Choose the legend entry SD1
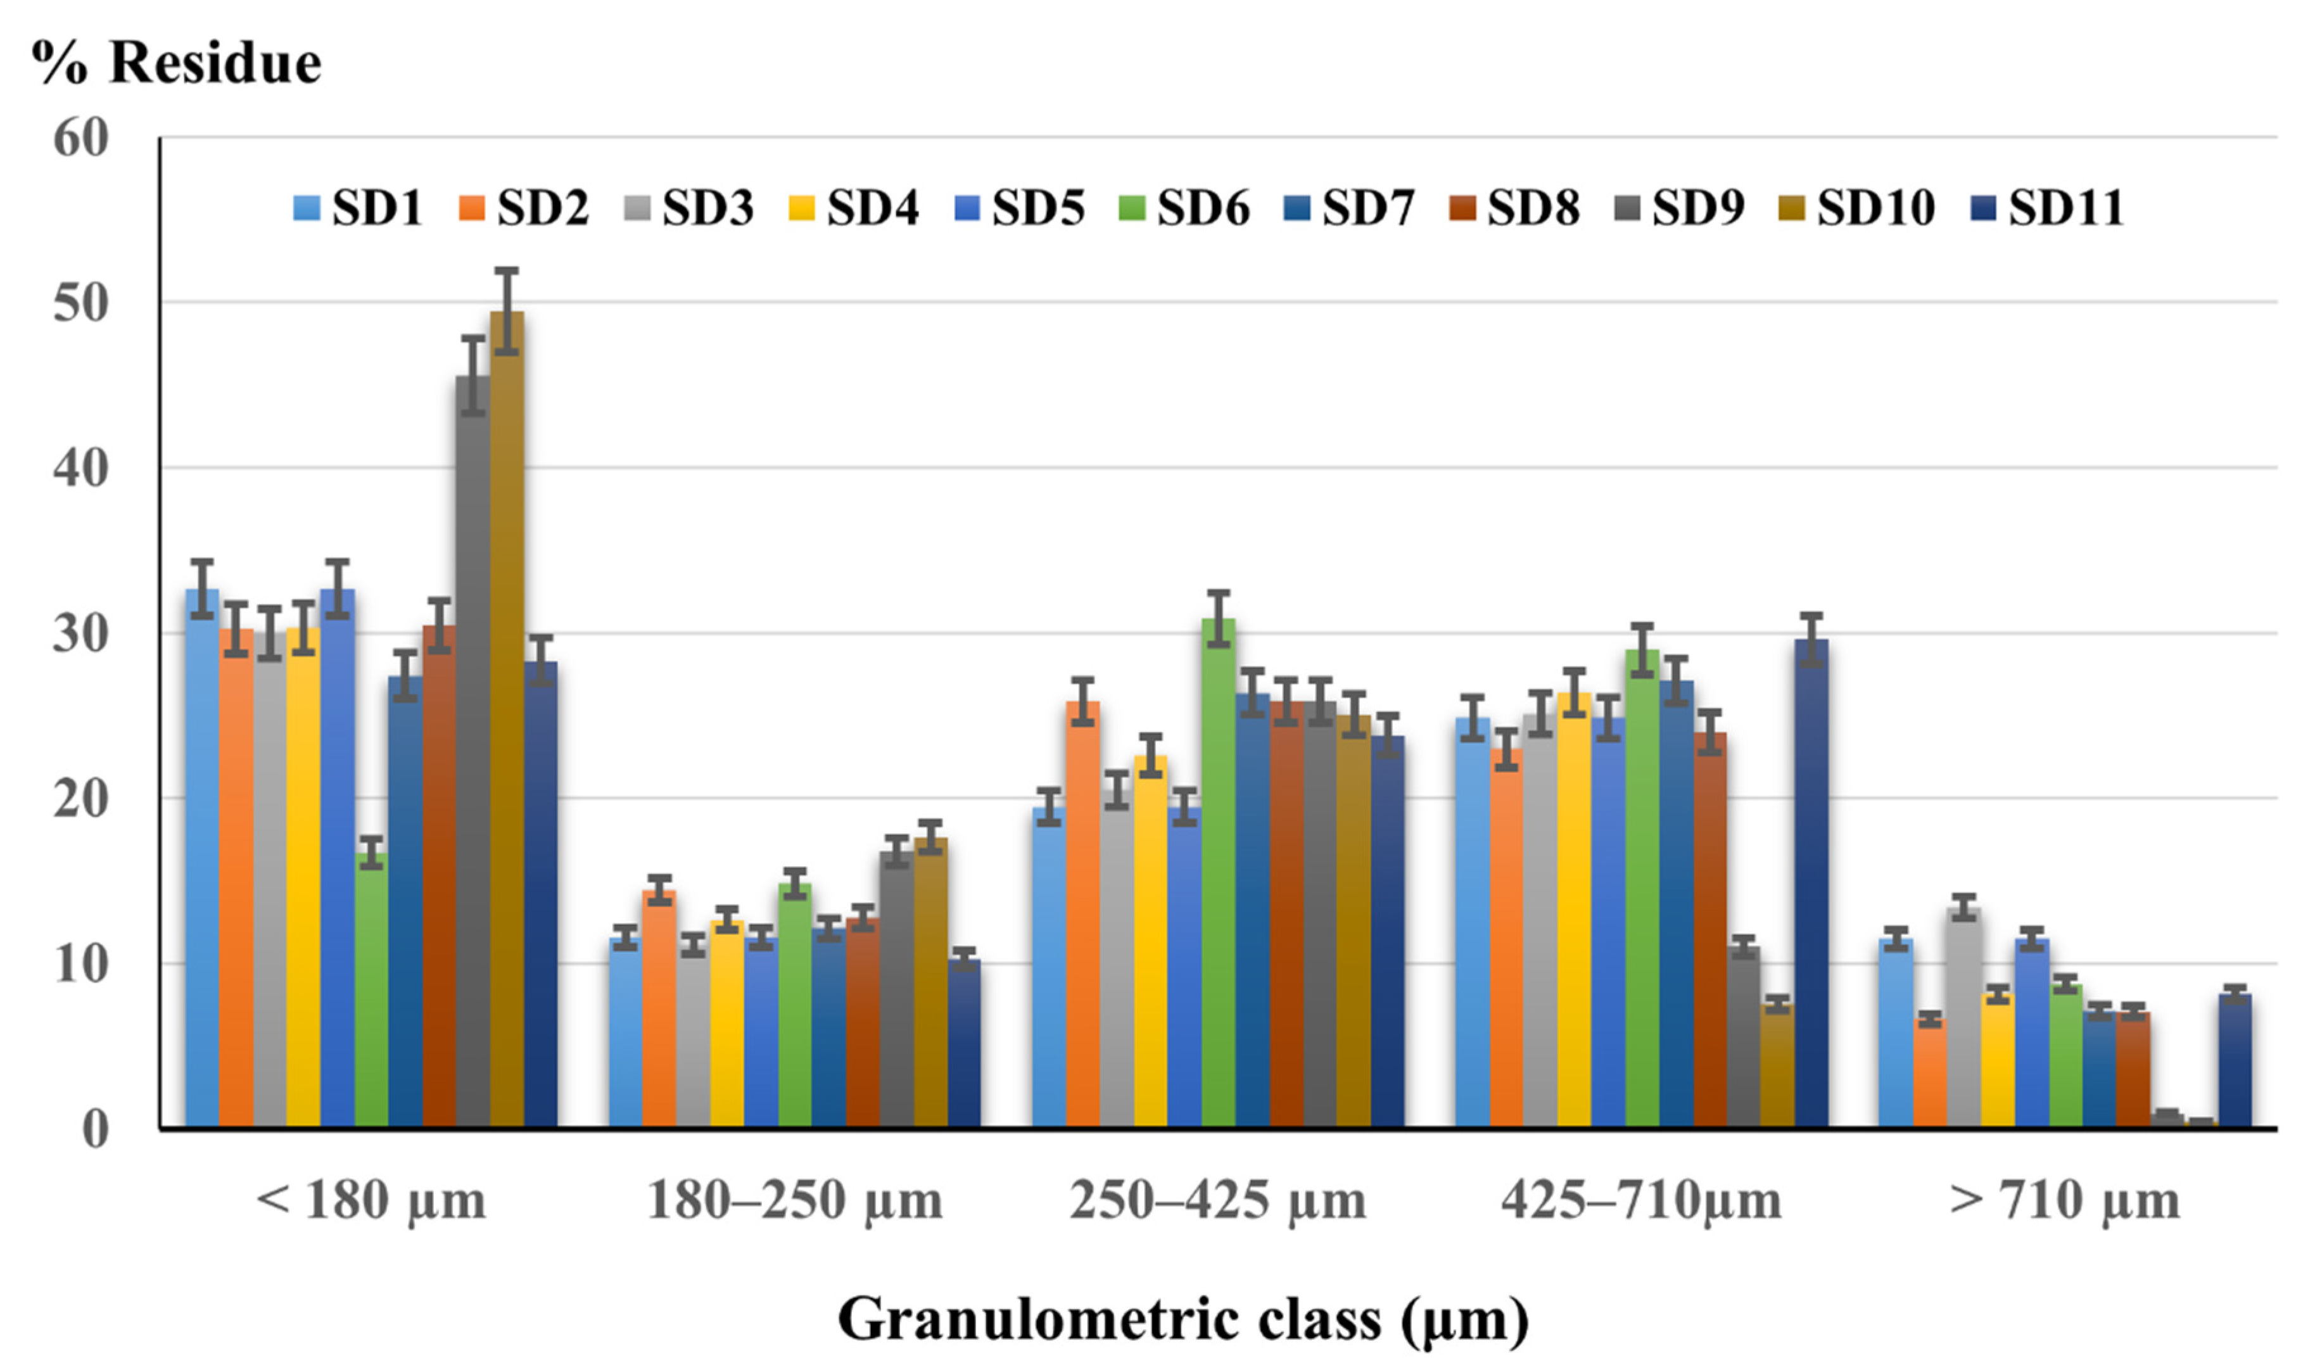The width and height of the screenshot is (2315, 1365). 358,208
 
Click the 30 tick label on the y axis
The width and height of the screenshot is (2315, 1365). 82,634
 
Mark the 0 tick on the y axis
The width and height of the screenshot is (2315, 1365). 96,1129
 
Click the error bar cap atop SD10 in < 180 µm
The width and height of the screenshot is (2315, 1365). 507,270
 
